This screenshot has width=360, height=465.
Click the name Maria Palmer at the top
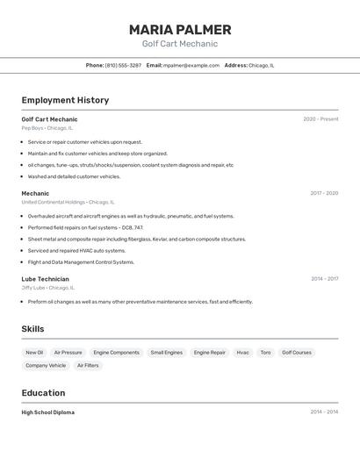click(180, 30)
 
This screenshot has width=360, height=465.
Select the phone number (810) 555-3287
click(123, 65)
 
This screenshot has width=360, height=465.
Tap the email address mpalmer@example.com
click(191, 65)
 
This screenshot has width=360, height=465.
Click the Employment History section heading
click(65, 100)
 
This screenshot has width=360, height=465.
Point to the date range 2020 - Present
click(320, 119)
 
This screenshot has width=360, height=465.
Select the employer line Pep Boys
click(47, 128)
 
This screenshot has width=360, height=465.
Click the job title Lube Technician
click(45, 279)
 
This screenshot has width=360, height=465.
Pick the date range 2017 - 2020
click(324, 193)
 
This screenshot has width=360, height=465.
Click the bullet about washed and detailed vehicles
click(74, 176)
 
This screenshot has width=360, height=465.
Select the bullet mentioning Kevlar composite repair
click(136, 239)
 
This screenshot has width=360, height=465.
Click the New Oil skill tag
click(34, 353)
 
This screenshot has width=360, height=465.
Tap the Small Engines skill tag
click(167, 353)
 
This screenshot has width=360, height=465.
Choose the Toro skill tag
click(265, 353)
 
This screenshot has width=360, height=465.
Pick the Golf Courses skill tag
click(297, 353)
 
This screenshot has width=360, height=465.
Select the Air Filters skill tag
click(88, 366)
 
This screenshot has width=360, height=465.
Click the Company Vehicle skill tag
click(46, 366)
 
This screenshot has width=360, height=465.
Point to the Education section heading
click(43, 393)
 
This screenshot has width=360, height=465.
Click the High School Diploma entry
click(48, 412)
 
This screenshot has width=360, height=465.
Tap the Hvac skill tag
click(243, 353)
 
